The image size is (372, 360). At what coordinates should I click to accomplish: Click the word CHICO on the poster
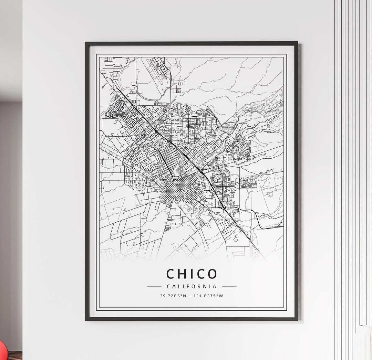click(192, 274)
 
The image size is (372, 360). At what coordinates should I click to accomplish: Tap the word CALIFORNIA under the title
click(192, 286)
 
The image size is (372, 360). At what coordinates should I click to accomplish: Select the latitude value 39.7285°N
click(173, 296)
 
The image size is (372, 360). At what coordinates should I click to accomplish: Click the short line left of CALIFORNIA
click(154, 286)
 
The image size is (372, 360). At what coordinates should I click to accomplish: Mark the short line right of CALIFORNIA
click(229, 286)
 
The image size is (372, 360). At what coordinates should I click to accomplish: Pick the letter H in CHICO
click(182, 274)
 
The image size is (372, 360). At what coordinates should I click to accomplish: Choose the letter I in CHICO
click(191, 274)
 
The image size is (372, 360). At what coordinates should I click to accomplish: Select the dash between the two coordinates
click(190, 296)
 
